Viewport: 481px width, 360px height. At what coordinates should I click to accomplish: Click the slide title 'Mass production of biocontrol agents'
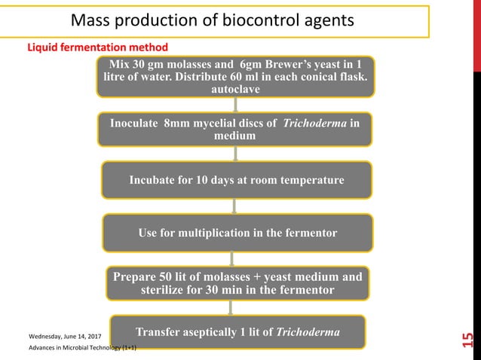click(x=212, y=20)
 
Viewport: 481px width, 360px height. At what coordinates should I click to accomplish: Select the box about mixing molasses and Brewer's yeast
click(x=236, y=76)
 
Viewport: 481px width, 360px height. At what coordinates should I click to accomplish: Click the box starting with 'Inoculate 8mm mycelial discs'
click(x=236, y=129)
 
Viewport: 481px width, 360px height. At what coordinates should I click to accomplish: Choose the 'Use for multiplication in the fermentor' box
click(x=237, y=233)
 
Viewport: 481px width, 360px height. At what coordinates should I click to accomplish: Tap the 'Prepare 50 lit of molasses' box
click(x=237, y=282)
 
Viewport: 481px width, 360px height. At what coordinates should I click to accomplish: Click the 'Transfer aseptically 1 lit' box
click(x=237, y=332)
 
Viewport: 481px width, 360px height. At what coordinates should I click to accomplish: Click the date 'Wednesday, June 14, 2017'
click(x=65, y=334)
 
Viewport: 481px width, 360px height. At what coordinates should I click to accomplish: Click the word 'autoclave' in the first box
click(x=236, y=89)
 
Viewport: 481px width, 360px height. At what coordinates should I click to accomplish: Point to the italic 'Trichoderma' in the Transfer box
click(x=308, y=332)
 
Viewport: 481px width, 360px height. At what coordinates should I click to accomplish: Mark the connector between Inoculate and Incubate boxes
click(x=236, y=154)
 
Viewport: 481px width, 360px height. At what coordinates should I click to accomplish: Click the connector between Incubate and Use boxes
click(x=236, y=206)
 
